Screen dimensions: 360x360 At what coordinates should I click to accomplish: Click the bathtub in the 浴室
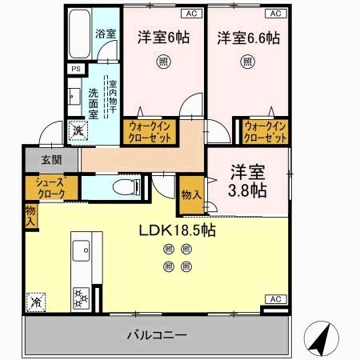(x=79, y=34)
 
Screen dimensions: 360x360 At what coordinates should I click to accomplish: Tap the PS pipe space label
(x=76, y=69)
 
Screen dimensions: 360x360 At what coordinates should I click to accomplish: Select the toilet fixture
(x=126, y=187)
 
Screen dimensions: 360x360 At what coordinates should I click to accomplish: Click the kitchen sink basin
(x=81, y=250)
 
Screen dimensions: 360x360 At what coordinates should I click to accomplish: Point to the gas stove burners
(x=81, y=298)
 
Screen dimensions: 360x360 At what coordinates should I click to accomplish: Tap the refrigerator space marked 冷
(x=36, y=302)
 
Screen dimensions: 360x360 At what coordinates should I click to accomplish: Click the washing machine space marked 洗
(x=78, y=130)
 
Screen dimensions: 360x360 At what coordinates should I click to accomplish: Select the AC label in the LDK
(x=276, y=299)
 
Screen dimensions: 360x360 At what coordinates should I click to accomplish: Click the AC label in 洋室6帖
(x=191, y=14)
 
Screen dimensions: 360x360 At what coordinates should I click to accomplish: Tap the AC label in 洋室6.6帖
(x=276, y=14)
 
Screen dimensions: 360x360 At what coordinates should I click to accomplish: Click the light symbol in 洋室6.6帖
(x=248, y=62)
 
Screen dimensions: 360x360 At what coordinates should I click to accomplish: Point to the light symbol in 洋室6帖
(x=163, y=62)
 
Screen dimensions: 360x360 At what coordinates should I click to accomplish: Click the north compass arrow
(x=322, y=338)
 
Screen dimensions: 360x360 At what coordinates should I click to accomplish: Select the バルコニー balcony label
(x=157, y=335)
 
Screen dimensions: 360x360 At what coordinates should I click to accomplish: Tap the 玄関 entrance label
(x=52, y=160)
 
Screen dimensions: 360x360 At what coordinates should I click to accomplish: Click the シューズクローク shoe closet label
(x=50, y=188)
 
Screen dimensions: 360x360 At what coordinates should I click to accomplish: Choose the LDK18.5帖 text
(x=178, y=230)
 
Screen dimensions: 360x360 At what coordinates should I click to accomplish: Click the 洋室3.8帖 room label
(x=247, y=182)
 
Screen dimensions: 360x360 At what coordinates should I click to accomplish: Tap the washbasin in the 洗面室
(x=74, y=97)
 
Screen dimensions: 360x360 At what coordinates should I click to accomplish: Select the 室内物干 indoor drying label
(x=113, y=97)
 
